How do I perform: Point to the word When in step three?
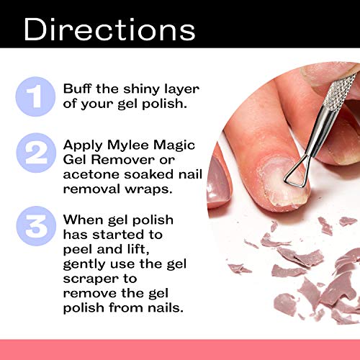pyautogui.click(x=83, y=219)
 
